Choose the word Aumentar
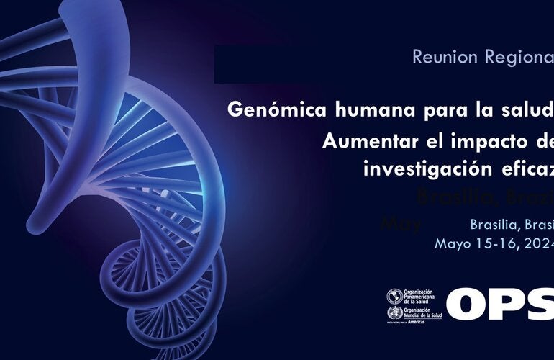pos(363,141)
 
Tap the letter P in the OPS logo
pos(514,304)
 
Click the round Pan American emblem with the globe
pos(394,296)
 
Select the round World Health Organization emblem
pos(394,313)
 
